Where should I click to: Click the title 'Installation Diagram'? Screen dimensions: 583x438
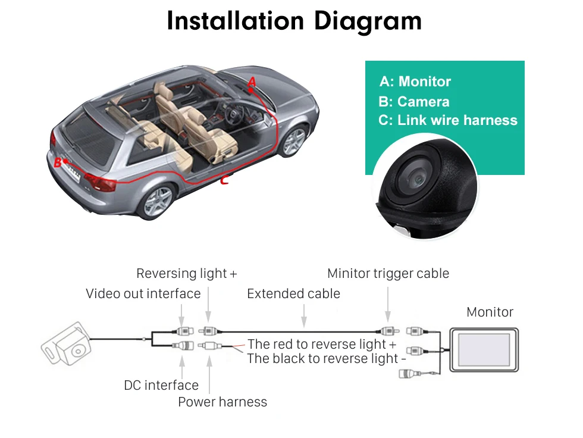point(294,21)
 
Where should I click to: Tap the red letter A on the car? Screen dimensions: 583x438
point(252,82)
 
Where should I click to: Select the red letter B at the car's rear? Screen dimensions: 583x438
point(58,162)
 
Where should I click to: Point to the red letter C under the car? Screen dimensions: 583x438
point(224,180)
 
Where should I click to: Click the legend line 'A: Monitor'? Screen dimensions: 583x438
point(415,82)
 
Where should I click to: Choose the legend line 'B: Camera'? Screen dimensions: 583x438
point(413,102)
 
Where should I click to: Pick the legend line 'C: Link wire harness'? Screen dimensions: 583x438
point(448,120)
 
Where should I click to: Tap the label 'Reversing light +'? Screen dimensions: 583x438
point(186,274)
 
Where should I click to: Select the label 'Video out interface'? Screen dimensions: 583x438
point(143,293)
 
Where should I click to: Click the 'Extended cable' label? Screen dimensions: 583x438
point(293,293)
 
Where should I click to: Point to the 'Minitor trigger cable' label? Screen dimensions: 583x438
point(388,274)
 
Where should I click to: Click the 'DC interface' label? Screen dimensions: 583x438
point(161,385)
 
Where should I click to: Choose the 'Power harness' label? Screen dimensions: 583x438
point(222,402)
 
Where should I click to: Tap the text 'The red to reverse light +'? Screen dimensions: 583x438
point(321,344)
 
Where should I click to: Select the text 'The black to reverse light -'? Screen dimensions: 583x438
point(326,358)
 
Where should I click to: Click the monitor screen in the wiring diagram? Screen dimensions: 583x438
point(483,350)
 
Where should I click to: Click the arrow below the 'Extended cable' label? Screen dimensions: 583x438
point(304,315)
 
